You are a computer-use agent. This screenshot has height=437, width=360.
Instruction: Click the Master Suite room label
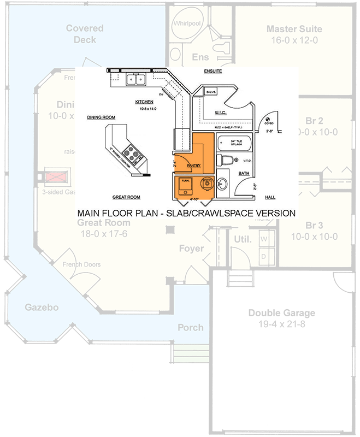tap(294, 29)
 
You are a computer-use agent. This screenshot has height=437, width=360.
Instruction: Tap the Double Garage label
tap(281, 313)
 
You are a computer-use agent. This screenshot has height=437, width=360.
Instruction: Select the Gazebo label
tap(42, 308)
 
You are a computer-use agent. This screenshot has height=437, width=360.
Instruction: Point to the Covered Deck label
tap(81, 34)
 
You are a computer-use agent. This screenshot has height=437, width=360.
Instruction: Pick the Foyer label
tap(191, 249)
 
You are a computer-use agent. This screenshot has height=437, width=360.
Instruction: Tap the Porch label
tap(191, 328)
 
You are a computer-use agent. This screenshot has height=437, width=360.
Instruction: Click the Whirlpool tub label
tap(188, 24)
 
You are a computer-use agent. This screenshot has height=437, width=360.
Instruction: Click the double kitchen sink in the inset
tap(135, 81)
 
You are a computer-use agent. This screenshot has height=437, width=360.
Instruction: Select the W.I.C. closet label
tap(221, 113)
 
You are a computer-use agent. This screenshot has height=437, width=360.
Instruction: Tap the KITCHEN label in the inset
tap(144, 102)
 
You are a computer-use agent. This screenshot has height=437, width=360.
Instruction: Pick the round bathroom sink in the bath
tap(224, 184)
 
